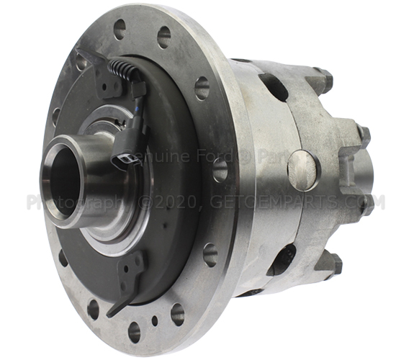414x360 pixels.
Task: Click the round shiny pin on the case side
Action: tap(302, 170)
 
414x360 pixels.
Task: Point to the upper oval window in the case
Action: tap(274, 86)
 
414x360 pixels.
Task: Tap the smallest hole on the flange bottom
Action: tap(153, 321)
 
